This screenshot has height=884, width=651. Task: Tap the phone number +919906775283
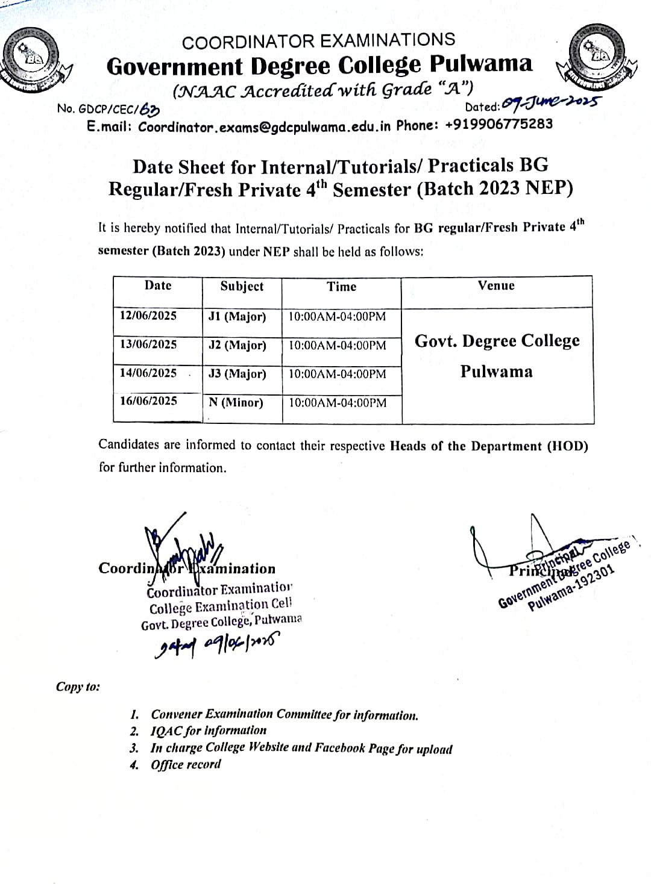(x=500, y=125)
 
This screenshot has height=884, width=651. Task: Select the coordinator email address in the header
(x=265, y=126)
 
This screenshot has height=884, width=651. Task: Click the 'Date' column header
(x=158, y=285)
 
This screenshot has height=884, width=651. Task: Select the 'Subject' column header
(x=242, y=286)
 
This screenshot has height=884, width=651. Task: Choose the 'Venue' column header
(x=496, y=285)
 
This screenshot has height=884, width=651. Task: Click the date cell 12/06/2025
(x=148, y=316)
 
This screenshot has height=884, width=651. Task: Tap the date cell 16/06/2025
(x=148, y=400)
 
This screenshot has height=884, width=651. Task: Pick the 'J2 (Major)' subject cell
(x=237, y=345)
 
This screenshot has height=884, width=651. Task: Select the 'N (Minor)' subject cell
(x=236, y=402)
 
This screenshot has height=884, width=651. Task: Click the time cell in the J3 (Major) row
(x=338, y=374)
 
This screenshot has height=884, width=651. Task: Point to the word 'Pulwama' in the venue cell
(x=496, y=371)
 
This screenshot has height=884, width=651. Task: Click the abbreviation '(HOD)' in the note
(x=567, y=446)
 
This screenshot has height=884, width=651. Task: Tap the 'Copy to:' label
(x=78, y=687)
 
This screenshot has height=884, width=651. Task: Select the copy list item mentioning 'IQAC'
(x=208, y=730)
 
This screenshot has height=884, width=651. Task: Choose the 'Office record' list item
(x=186, y=764)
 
